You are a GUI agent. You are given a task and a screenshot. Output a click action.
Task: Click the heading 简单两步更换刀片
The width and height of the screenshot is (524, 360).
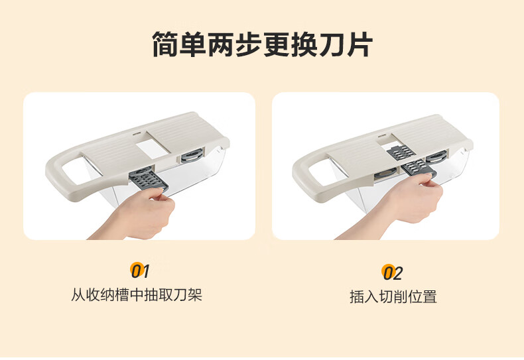(x=263, y=44)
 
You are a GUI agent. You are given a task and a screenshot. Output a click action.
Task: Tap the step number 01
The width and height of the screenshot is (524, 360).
(x=140, y=270)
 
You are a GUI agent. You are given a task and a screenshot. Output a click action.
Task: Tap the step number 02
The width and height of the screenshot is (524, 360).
(x=392, y=272)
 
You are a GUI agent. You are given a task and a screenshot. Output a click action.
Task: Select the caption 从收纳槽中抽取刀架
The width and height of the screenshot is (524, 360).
(x=137, y=295)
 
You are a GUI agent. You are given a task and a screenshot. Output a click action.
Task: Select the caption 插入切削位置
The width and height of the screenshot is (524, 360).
(x=393, y=296)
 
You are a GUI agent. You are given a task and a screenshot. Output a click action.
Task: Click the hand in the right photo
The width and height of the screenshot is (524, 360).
(x=401, y=207)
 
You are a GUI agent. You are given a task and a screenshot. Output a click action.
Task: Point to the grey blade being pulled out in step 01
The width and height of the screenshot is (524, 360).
(x=148, y=180)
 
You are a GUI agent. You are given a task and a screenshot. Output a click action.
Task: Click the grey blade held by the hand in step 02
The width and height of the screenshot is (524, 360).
(x=419, y=168)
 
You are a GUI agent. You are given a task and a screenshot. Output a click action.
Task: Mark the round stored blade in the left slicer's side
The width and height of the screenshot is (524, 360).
(x=191, y=156)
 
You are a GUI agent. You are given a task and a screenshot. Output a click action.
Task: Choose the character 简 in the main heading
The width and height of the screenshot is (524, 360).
(x=165, y=44)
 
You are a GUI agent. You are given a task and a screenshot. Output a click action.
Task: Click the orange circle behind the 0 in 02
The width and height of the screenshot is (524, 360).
(x=388, y=271)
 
